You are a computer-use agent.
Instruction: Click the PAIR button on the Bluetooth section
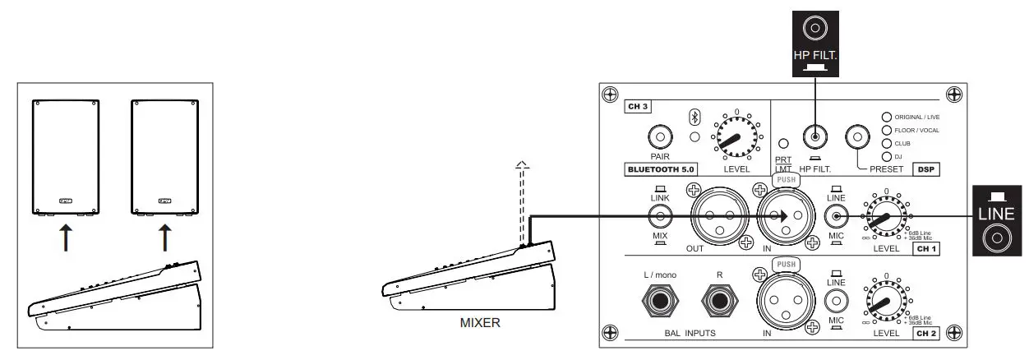pyautogui.click(x=658, y=136)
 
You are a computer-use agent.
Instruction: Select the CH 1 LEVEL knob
pyautogui.click(x=885, y=218)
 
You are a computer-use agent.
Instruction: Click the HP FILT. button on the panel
pyautogui.click(x=814, y=136)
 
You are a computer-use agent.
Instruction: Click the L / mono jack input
pyautogui.click(x=659, y=302)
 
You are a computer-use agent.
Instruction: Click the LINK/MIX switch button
pyautogui.click(x=659, y=217)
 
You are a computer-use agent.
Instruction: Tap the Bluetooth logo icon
pyautogui.click(x=694, y=116)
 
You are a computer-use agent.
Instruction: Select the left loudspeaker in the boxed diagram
pyautogui.click(x=66, y=156)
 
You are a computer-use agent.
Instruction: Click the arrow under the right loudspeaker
pyautogui.click(x=165, y=238)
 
